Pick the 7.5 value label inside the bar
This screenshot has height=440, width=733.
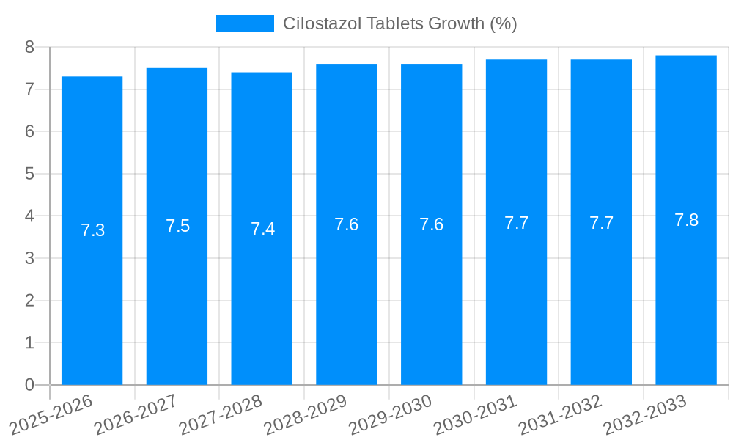pos(177,226)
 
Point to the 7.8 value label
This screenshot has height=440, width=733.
pos(686,220)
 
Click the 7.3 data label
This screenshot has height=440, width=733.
pos(92,230)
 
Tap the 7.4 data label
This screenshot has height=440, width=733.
pos(262,229)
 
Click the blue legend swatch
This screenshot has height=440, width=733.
pos(244,23)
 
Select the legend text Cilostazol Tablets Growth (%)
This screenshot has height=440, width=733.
pos(400,23)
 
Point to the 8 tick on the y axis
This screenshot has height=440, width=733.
pos(30,48)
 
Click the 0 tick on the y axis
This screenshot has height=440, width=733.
pos(30,385)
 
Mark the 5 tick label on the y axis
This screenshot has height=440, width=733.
pos(30,175)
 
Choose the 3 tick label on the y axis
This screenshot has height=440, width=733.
pos(30,259)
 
